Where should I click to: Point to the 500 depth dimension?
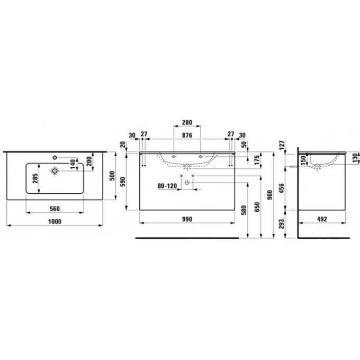click(111, 176)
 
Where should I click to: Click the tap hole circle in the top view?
click(55, 171)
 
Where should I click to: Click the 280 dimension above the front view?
click(186, 122)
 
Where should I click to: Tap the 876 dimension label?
click(186, 136)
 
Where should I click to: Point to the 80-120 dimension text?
click(167, 186)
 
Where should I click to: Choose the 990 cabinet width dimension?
click(186, 219)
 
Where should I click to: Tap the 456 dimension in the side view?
click(283, 188)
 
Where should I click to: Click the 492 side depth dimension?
click(321, 219)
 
